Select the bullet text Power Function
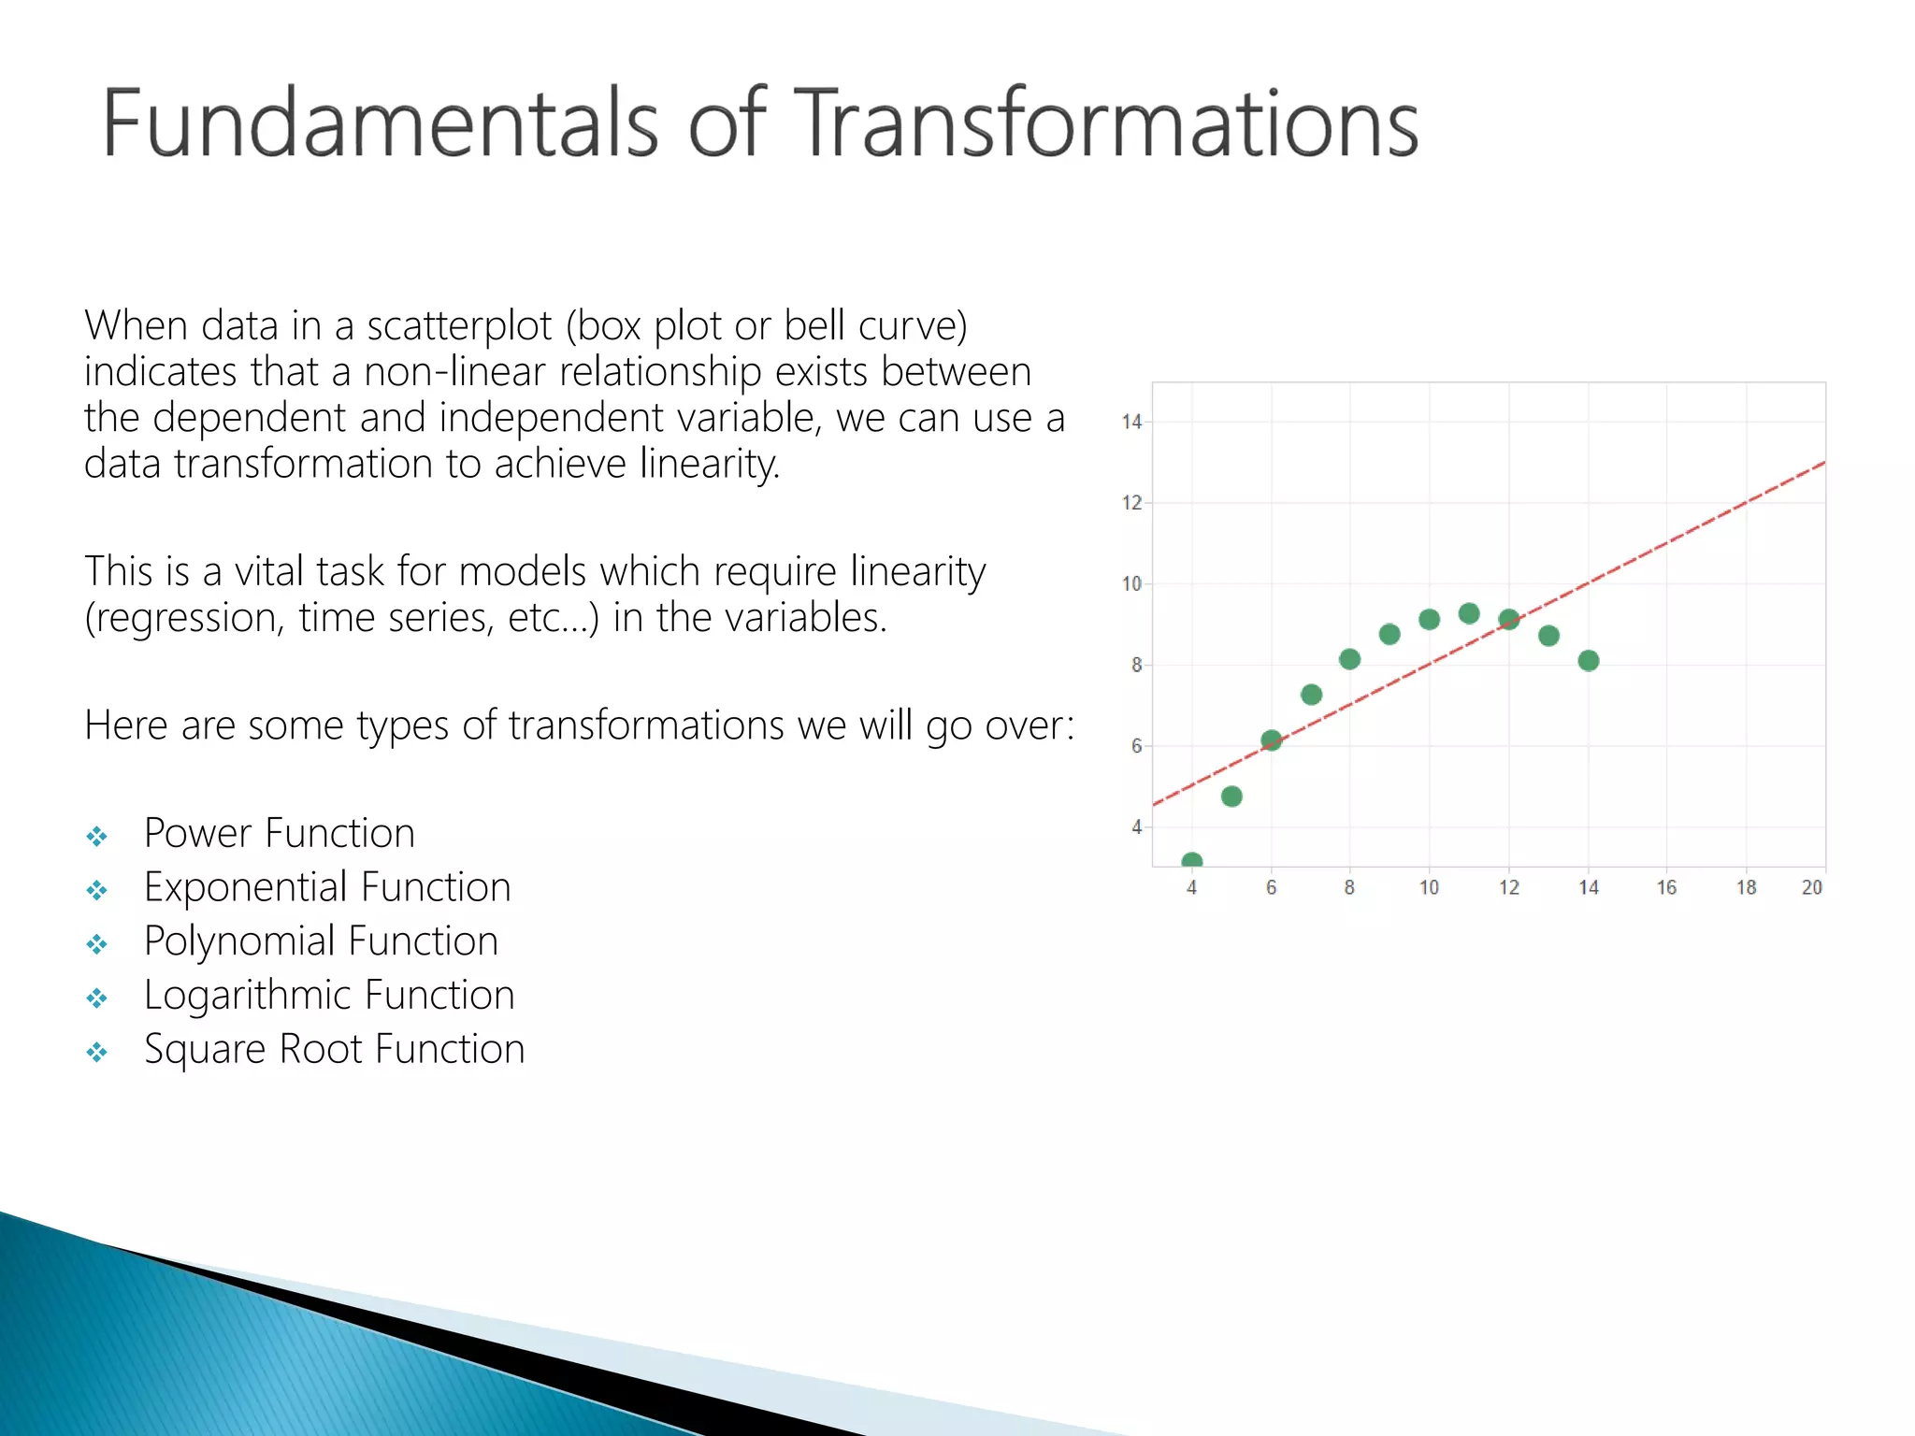tap(279, 833)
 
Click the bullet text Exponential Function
tap(327, 887)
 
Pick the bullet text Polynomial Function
tap(321, 941)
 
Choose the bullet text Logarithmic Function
tap(329, 996)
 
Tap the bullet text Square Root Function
tap(334, 1050)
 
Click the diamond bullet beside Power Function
tap(96, 837)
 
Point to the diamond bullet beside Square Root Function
tap(96, 1054)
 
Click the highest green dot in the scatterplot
tap(1469, 613)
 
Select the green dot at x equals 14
tap(1588, 661)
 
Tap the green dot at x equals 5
tap(1231, 797)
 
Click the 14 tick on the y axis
tap(1132, 423)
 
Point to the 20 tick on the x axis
tap(1812, 888)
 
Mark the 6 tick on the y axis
tap(1136, 746)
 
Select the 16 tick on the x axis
tap(1666, 888)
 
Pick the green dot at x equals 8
tap(1349, 659)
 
